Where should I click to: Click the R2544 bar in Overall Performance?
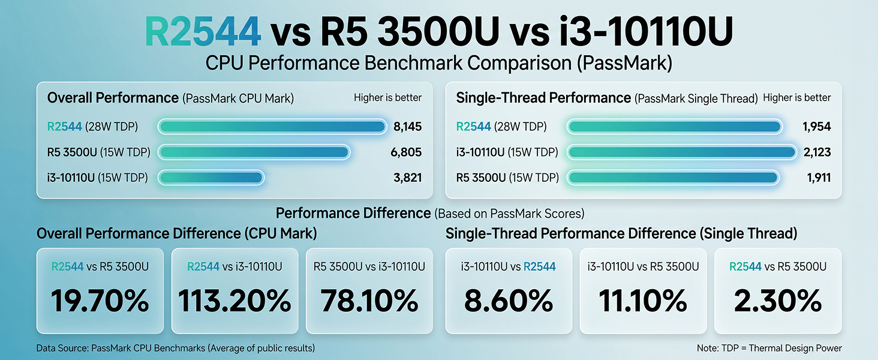click(x=272, y=127)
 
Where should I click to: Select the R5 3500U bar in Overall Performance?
click(x=254, y=152)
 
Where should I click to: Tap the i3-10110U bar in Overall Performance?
click(x=211, y=178)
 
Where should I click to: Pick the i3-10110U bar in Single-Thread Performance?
click(x=682, y=152)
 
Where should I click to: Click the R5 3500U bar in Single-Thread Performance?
click(x=673, y=178)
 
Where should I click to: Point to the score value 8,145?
click(x=408, y=127)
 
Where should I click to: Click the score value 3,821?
click(x=408, y=178)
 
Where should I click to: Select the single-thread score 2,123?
click(x=817, y=152)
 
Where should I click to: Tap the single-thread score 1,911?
click(x=819, y=178)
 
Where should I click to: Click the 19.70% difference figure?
click(x=100, y=301)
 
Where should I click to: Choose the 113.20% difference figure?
click(x=234, y=301)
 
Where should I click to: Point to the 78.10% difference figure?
click(x=369, y=301)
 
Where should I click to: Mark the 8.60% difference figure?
click(x=509, y=301)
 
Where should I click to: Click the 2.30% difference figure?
click(x=778, y=301)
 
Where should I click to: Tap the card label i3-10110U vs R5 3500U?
click(x=644, y=266)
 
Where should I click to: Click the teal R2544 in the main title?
click(x=203, y=31)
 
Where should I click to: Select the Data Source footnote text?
click(x=176, y=348)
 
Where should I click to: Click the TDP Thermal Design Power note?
click(x=769, y=348)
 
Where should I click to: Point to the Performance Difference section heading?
click(x=430, y=213)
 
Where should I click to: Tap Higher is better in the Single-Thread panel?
click(x=797, y=98)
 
